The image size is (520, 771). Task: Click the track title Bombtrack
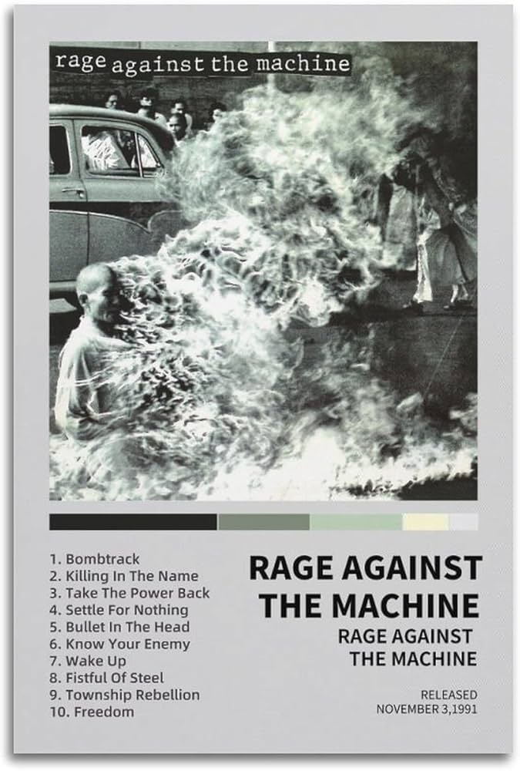102,559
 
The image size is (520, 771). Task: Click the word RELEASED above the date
448,695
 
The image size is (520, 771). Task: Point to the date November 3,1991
426,709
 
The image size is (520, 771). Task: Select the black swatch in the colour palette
133,522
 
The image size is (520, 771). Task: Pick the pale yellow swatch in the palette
424,522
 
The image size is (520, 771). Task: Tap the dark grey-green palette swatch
263,522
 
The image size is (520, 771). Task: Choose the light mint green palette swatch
355,522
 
